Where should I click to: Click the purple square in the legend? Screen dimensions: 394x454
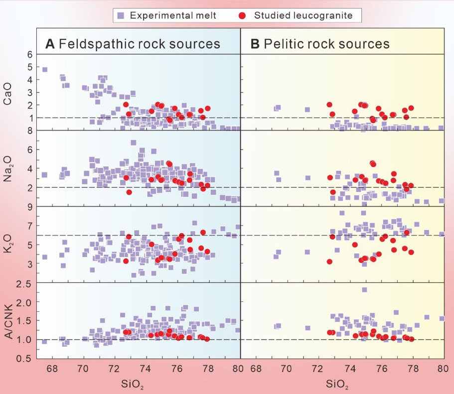122,15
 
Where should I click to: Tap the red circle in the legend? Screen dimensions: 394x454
243,15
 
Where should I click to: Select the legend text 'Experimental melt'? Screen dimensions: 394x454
173,15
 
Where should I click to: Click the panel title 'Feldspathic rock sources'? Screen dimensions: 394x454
140,44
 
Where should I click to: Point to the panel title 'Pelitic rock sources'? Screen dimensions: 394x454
326,44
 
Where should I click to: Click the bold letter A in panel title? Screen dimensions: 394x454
50,44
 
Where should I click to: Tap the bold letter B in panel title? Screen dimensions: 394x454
255,44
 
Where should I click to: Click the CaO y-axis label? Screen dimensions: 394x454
7,93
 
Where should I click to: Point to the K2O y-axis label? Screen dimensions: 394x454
7,245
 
